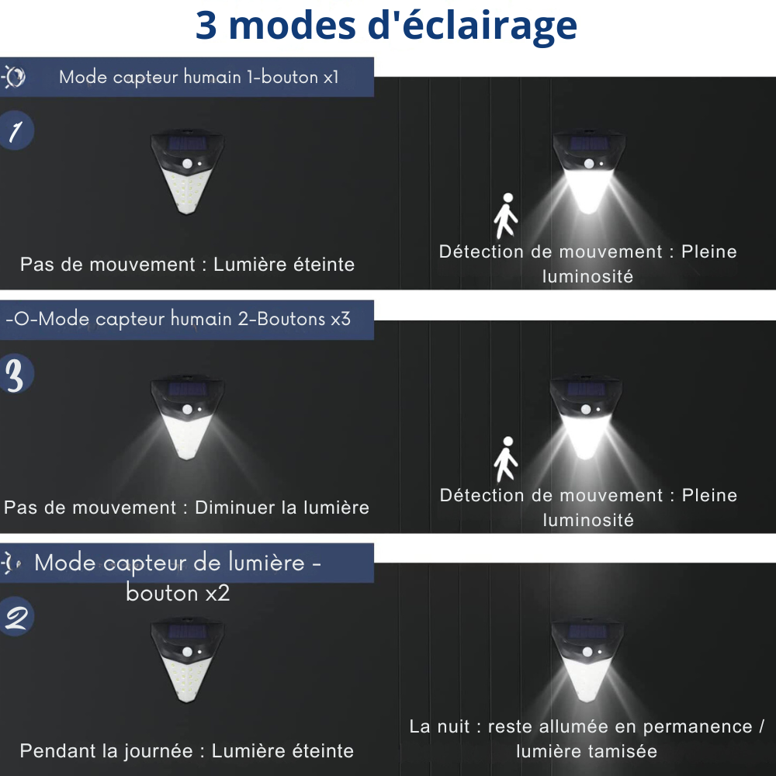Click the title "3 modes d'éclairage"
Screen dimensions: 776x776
point(386,26)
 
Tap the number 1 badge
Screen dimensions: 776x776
point(16,132)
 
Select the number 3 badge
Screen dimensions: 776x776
point(16,374)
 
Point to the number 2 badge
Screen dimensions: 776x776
point(16,618)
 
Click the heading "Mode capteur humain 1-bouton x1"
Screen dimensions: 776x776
point(199,78)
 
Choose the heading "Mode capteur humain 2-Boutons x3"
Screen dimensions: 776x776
point(178,319)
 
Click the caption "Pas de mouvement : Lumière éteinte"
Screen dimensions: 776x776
point(187,265)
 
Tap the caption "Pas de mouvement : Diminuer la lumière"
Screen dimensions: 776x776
point(186,508)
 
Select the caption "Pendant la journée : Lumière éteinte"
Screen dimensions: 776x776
point(186,751)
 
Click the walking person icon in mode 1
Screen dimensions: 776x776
point(506,216)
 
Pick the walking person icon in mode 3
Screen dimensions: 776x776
point(506,459)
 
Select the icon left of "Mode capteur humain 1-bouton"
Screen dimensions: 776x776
point(14,77)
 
